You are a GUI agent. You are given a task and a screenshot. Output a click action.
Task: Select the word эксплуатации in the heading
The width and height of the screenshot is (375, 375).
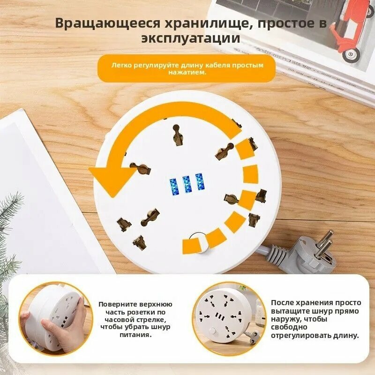coord(190,39)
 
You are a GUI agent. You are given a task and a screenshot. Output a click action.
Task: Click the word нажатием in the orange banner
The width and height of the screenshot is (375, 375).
coord(187,72)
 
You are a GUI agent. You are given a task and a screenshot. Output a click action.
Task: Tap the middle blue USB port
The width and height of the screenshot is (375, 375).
coord(187,185)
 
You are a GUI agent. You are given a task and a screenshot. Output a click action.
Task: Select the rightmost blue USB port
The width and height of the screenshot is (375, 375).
coord(200,182)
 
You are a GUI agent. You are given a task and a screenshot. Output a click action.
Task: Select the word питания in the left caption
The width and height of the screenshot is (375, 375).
coord(135,335)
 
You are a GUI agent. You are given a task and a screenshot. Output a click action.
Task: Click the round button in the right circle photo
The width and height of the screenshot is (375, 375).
coord(213,331)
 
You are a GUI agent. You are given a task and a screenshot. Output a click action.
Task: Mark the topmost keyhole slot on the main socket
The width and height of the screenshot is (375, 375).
coord(177,135)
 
